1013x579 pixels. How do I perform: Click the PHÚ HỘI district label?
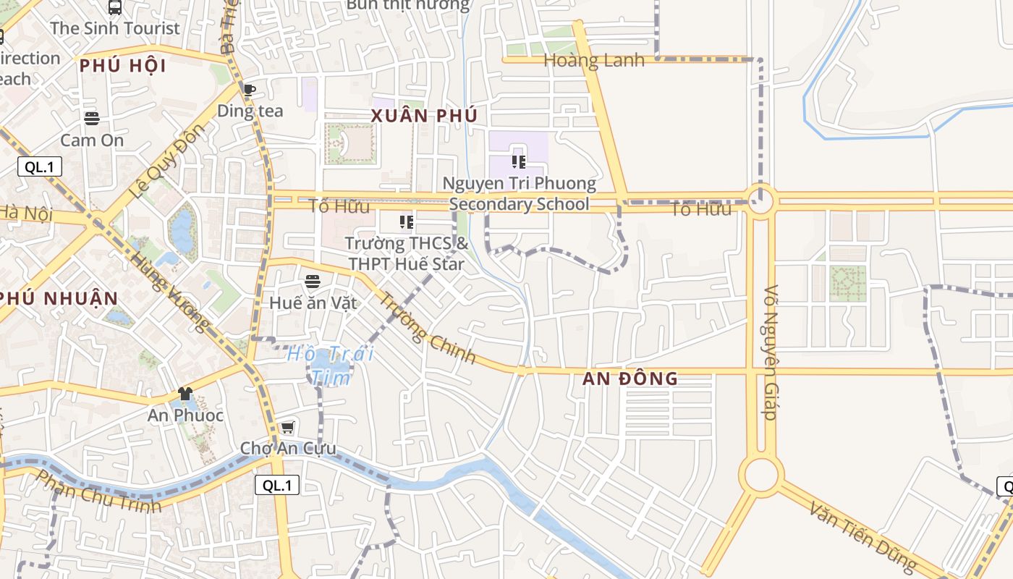tap(123, 66)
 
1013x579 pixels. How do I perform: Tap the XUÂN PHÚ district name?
tap(424, 116)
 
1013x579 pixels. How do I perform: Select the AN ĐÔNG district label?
tap(630, 378)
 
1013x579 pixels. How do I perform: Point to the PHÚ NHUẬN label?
tap(58, 298)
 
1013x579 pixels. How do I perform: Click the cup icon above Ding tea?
tap(249, 90)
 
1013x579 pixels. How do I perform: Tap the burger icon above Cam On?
tap(92, 118)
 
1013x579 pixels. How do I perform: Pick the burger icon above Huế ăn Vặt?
tap(313, 281)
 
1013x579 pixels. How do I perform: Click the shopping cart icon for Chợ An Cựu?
tap(288, 427)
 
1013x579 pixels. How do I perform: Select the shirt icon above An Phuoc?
tap(185, 394)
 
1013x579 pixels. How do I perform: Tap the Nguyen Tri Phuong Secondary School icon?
tap(518, 161)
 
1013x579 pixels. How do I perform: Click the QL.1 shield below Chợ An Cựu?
tap(277, 485)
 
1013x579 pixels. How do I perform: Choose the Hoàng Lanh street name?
tap(593, 61)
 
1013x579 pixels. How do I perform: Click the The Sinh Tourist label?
tap(115, 28)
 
